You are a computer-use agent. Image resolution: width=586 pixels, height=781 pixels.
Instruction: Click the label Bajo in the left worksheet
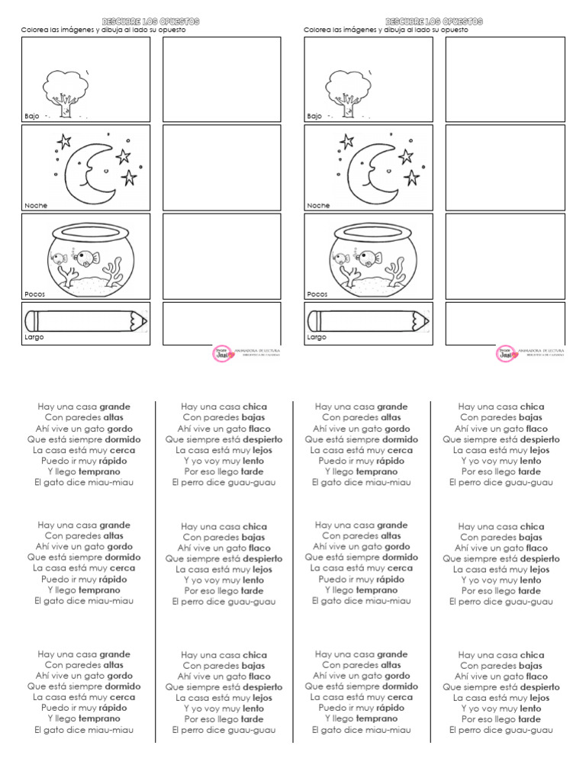tap(31, 116)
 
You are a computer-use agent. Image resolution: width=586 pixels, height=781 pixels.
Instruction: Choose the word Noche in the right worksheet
tap(317, 205)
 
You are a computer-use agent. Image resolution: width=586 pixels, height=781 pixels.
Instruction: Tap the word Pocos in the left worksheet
tap(34, 294)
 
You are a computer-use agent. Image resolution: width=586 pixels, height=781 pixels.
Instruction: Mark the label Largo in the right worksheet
tap(316, 336)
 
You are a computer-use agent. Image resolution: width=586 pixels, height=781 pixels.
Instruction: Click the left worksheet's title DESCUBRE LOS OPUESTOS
tap(150, 21)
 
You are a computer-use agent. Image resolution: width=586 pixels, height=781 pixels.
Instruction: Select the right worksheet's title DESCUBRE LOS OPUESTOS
tap(433, 21)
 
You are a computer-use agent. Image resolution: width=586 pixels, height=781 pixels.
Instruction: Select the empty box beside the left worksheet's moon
tap(221, 167)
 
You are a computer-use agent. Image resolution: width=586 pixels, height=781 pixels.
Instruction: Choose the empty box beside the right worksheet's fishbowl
tap(505, 256)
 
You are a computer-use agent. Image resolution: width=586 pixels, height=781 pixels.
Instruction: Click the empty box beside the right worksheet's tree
tap(505, 79)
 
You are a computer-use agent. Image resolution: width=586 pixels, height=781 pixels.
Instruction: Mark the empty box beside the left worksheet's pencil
tap(221, 323)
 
